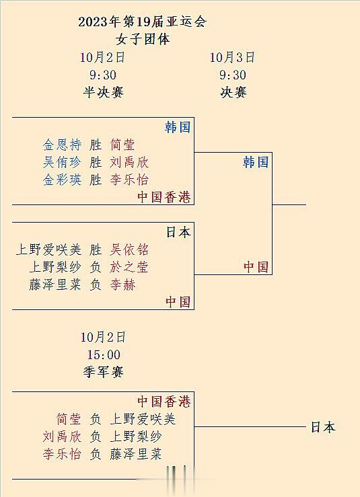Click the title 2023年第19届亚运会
[143, 22]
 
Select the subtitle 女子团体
[143, 39]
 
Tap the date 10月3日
[232, 57]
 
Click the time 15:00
[104, 354]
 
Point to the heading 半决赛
[103, 92]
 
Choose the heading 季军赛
[103, 372]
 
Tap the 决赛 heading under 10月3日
[233, 92]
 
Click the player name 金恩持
[62, 145]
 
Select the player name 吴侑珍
[62, 162]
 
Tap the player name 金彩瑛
[62, 180]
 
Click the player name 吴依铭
[129, 250]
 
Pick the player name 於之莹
[129, 267]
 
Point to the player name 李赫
[122, 284]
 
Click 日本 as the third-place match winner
[323, 427]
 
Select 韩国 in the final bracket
[256, 162]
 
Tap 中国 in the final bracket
[256, 266]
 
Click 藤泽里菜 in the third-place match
[136, 453]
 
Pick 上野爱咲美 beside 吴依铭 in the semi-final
[49, 250]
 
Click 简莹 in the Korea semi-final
[122, 145]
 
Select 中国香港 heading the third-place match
[164, 402]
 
